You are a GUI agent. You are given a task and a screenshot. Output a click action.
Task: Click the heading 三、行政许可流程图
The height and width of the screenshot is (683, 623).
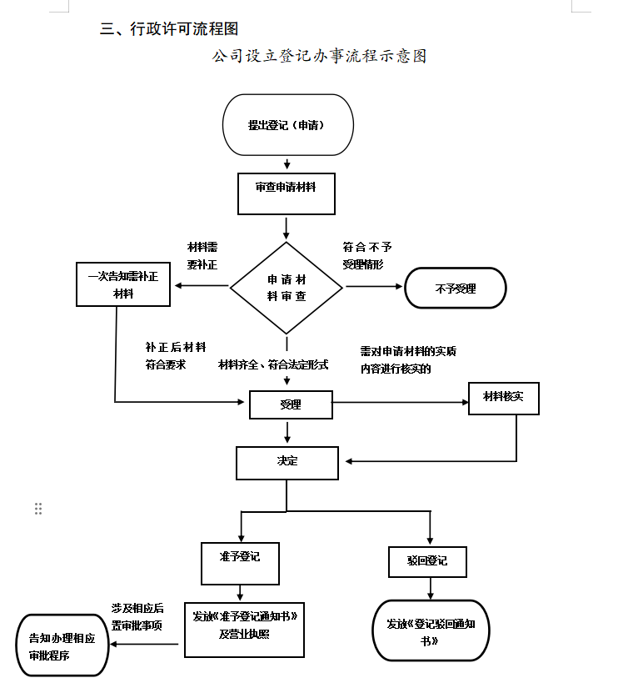point(169,28)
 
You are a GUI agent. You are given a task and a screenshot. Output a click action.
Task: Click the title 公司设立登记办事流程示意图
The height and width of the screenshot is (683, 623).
point(319,57)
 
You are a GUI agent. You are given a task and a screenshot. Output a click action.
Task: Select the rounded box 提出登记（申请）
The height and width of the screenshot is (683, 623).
point(288,125)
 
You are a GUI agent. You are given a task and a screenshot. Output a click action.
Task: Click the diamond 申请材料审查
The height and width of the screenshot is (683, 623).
point(286,287)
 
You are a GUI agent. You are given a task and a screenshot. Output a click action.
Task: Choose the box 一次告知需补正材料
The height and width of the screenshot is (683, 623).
point(122,284)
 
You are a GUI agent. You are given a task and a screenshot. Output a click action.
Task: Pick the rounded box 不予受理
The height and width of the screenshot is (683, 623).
point(456,289)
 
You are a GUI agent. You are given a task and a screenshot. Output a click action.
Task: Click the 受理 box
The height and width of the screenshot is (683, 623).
point(291,405)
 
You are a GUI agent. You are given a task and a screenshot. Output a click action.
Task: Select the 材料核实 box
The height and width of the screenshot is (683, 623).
point(504,398)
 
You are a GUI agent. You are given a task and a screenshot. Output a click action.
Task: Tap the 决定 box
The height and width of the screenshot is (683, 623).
point(287,462)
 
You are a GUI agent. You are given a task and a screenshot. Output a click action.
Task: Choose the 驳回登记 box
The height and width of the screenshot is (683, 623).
point(428,561)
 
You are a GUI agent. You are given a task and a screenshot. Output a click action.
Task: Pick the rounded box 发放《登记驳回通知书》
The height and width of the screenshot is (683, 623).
point(431,630)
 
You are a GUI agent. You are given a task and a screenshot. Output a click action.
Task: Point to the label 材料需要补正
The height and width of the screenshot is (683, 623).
point(202,256)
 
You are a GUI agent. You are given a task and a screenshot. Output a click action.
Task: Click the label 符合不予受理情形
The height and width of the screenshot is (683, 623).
point(367,256)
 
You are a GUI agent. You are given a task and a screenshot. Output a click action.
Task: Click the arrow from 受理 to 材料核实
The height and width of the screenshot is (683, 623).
point(400,402)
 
